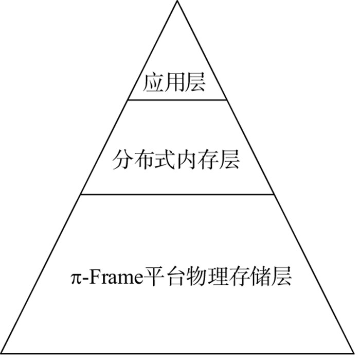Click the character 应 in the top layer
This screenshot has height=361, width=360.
(x=153, y=82)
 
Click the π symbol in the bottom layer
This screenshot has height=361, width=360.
(x=75, y=278)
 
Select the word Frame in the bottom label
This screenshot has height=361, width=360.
(x=114, y=277)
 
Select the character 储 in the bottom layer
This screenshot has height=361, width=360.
(x=260, y=277)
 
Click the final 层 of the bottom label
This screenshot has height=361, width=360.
(x=281, y=277)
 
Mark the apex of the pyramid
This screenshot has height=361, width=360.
(x=177, y=2)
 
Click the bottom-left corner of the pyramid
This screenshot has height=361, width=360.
(x=3, y=353)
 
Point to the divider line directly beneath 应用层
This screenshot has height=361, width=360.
(x=177, y=100)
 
